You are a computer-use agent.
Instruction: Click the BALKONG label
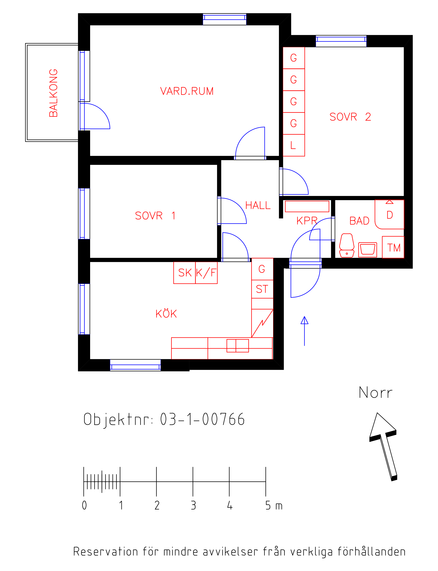[53, 93]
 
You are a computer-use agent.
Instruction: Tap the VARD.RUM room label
[187, 91]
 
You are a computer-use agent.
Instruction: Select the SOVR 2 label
[350, 117]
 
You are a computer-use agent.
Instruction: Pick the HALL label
[258, 205]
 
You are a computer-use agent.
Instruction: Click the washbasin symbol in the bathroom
[368, 250]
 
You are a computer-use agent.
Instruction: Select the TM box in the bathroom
[393, 247]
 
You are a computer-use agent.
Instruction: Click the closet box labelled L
[294, 145]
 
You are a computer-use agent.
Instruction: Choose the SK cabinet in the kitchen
[185, 273]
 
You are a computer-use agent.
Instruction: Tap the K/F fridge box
[206, 273]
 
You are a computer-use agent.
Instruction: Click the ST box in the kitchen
[262, 289]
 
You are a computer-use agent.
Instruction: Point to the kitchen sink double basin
[238, 346]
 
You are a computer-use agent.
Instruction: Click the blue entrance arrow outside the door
[304, 331]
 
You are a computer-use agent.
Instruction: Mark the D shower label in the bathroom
[390, 215]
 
